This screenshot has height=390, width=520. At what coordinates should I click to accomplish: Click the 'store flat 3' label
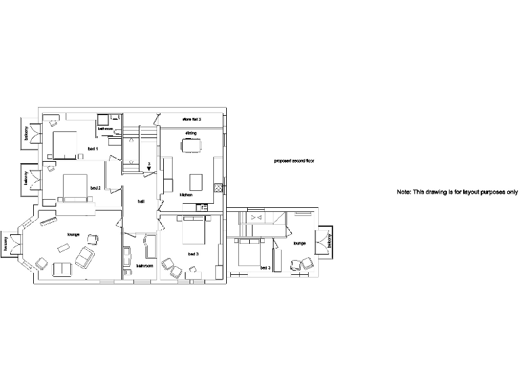click(192, 118)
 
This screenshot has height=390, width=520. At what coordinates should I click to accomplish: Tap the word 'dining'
click(191, 133)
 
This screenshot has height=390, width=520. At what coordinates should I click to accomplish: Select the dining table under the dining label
click(190, 146)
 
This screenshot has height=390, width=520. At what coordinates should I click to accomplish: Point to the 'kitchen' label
click(186, 195)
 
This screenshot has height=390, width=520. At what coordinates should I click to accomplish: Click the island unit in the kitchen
click(196, 181)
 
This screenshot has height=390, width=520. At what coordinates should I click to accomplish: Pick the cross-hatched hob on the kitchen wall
click(218, 186)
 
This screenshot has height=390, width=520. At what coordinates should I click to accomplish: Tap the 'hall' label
click(141, 201)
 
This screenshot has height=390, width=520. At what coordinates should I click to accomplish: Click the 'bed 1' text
click(93, 148)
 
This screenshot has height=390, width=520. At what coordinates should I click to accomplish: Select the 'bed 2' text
click(95, 188)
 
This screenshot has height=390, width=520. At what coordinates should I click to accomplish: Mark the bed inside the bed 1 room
click(65, 144)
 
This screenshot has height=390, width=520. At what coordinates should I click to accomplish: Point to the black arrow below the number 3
click(149, 170)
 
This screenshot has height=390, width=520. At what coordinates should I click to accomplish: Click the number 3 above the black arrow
click(149, 164)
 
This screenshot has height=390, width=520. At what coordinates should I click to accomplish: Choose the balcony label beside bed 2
click(25, 177)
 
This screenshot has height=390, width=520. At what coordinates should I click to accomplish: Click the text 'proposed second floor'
click(294, 161)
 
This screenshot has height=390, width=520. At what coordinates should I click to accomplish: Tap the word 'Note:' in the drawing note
click(404, 192)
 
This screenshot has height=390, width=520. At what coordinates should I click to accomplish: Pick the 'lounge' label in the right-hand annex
click(300, 242)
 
